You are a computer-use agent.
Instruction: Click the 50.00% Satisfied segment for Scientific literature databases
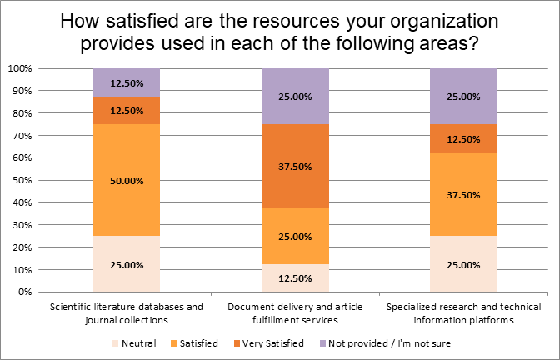point(126,180)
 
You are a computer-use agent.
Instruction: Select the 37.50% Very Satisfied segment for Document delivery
point(295,167)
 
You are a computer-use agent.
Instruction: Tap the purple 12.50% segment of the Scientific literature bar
point(126,82)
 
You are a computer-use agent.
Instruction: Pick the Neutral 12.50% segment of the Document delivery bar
point(295,277)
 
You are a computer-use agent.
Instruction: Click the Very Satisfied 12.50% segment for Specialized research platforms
point(463,138)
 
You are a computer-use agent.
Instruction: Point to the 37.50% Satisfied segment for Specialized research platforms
point(463,194)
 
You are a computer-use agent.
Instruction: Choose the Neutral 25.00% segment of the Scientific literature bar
point(126,264)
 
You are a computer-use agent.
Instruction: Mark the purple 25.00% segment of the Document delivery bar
point(295,97)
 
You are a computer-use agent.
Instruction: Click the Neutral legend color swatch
point(115,343)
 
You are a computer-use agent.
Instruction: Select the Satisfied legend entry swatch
point(174,343)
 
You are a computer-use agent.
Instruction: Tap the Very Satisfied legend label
point(273,343)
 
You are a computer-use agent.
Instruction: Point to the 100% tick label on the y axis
point(20,68)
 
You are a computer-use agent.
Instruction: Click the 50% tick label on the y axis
point(22,180)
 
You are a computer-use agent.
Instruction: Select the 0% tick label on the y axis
point(24,292)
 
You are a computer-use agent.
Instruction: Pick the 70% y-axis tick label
point(22,136)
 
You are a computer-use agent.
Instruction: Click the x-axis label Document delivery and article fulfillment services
point(295,312)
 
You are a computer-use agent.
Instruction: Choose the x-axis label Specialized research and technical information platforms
point(463,312)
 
